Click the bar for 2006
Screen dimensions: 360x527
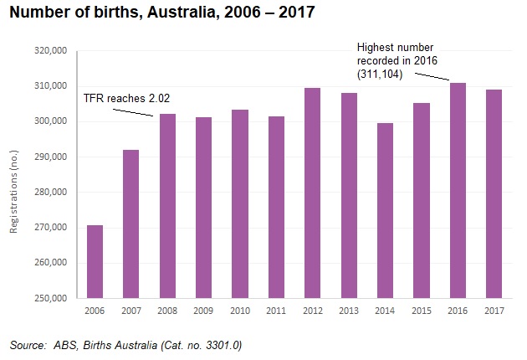(x=95, y=261)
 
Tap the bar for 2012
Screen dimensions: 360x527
(x=313, y=193)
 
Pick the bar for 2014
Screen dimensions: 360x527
(x=386, y=210)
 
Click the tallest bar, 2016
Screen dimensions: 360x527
(x=458, y=190)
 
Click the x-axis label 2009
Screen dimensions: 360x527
(x=203, y=311)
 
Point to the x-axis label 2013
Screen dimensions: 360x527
(x=349, y=311)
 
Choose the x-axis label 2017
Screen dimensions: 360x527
(x=494, y=311)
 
